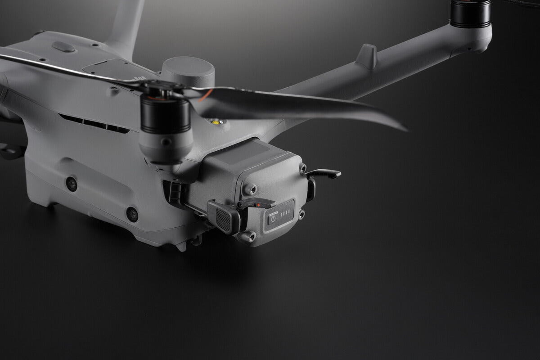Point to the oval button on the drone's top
tap(63, 47)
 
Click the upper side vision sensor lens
tap(71, 184)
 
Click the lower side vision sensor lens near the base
tap(132, 214)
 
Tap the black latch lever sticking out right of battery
tap(324, 173)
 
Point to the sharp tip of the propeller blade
tap(405, 130)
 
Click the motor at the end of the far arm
tap(471, 13)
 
